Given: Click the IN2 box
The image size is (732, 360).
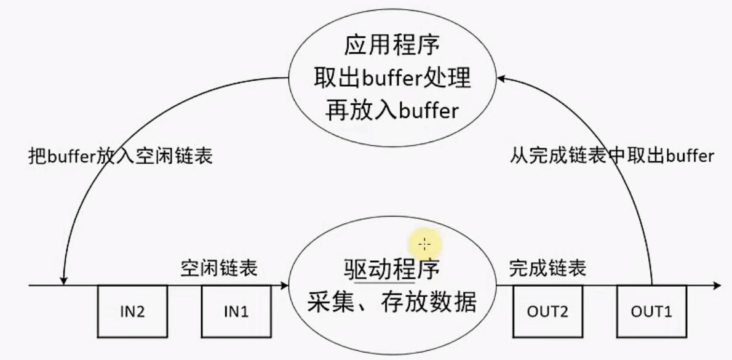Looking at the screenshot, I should [133, 311].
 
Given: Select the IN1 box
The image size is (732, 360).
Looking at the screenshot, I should [236, 311].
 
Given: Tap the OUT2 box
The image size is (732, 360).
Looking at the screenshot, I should [547, 311].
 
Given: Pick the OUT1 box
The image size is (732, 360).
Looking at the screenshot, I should [651, 311].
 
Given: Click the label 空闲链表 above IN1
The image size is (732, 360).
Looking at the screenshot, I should [219, 268].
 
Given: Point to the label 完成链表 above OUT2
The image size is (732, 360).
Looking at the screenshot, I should [547, 268].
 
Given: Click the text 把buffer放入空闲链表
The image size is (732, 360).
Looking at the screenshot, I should [120, 156].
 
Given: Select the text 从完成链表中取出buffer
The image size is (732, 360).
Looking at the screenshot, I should [612, 156].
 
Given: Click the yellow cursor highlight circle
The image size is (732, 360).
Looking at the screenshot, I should [424, 244].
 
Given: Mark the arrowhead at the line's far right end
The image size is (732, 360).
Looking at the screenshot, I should [717, 286].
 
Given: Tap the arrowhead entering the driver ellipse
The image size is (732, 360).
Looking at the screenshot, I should [284, 286].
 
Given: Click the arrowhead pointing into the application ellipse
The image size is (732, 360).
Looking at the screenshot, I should [501, 79].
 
